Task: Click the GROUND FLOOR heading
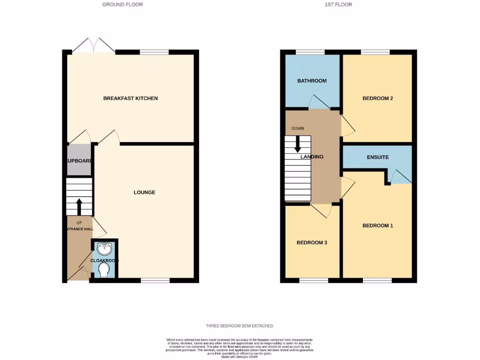(x=122, y=5)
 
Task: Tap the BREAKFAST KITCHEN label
(x=130, y=98)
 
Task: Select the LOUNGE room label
(x=144, y=192)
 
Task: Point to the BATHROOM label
(x=312, y=81)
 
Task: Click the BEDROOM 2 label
(x=377, y=98)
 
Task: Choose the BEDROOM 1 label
(x=377, y=225)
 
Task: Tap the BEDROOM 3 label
(x=312, y=243)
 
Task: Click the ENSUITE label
(x=377, y=157)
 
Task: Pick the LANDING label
(x=312, y=157)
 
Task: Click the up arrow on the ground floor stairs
(x=79, y=207)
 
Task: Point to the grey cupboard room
(x=79, y=160)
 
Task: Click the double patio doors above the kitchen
(x=95, y=45)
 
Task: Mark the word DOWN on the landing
(x=297, y=128)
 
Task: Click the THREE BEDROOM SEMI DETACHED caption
(x=240, y=326)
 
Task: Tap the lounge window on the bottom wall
(x=155, y=280)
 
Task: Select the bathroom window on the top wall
(x=310, y=52)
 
